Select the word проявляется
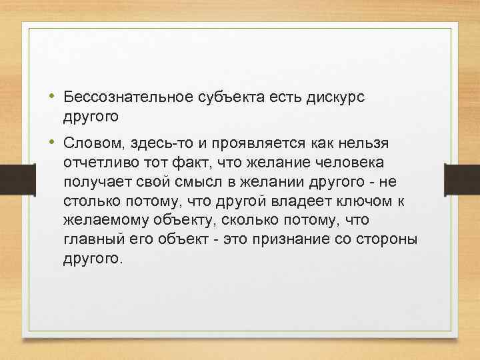[x=256, y=144]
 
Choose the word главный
[x=94, y=239]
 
